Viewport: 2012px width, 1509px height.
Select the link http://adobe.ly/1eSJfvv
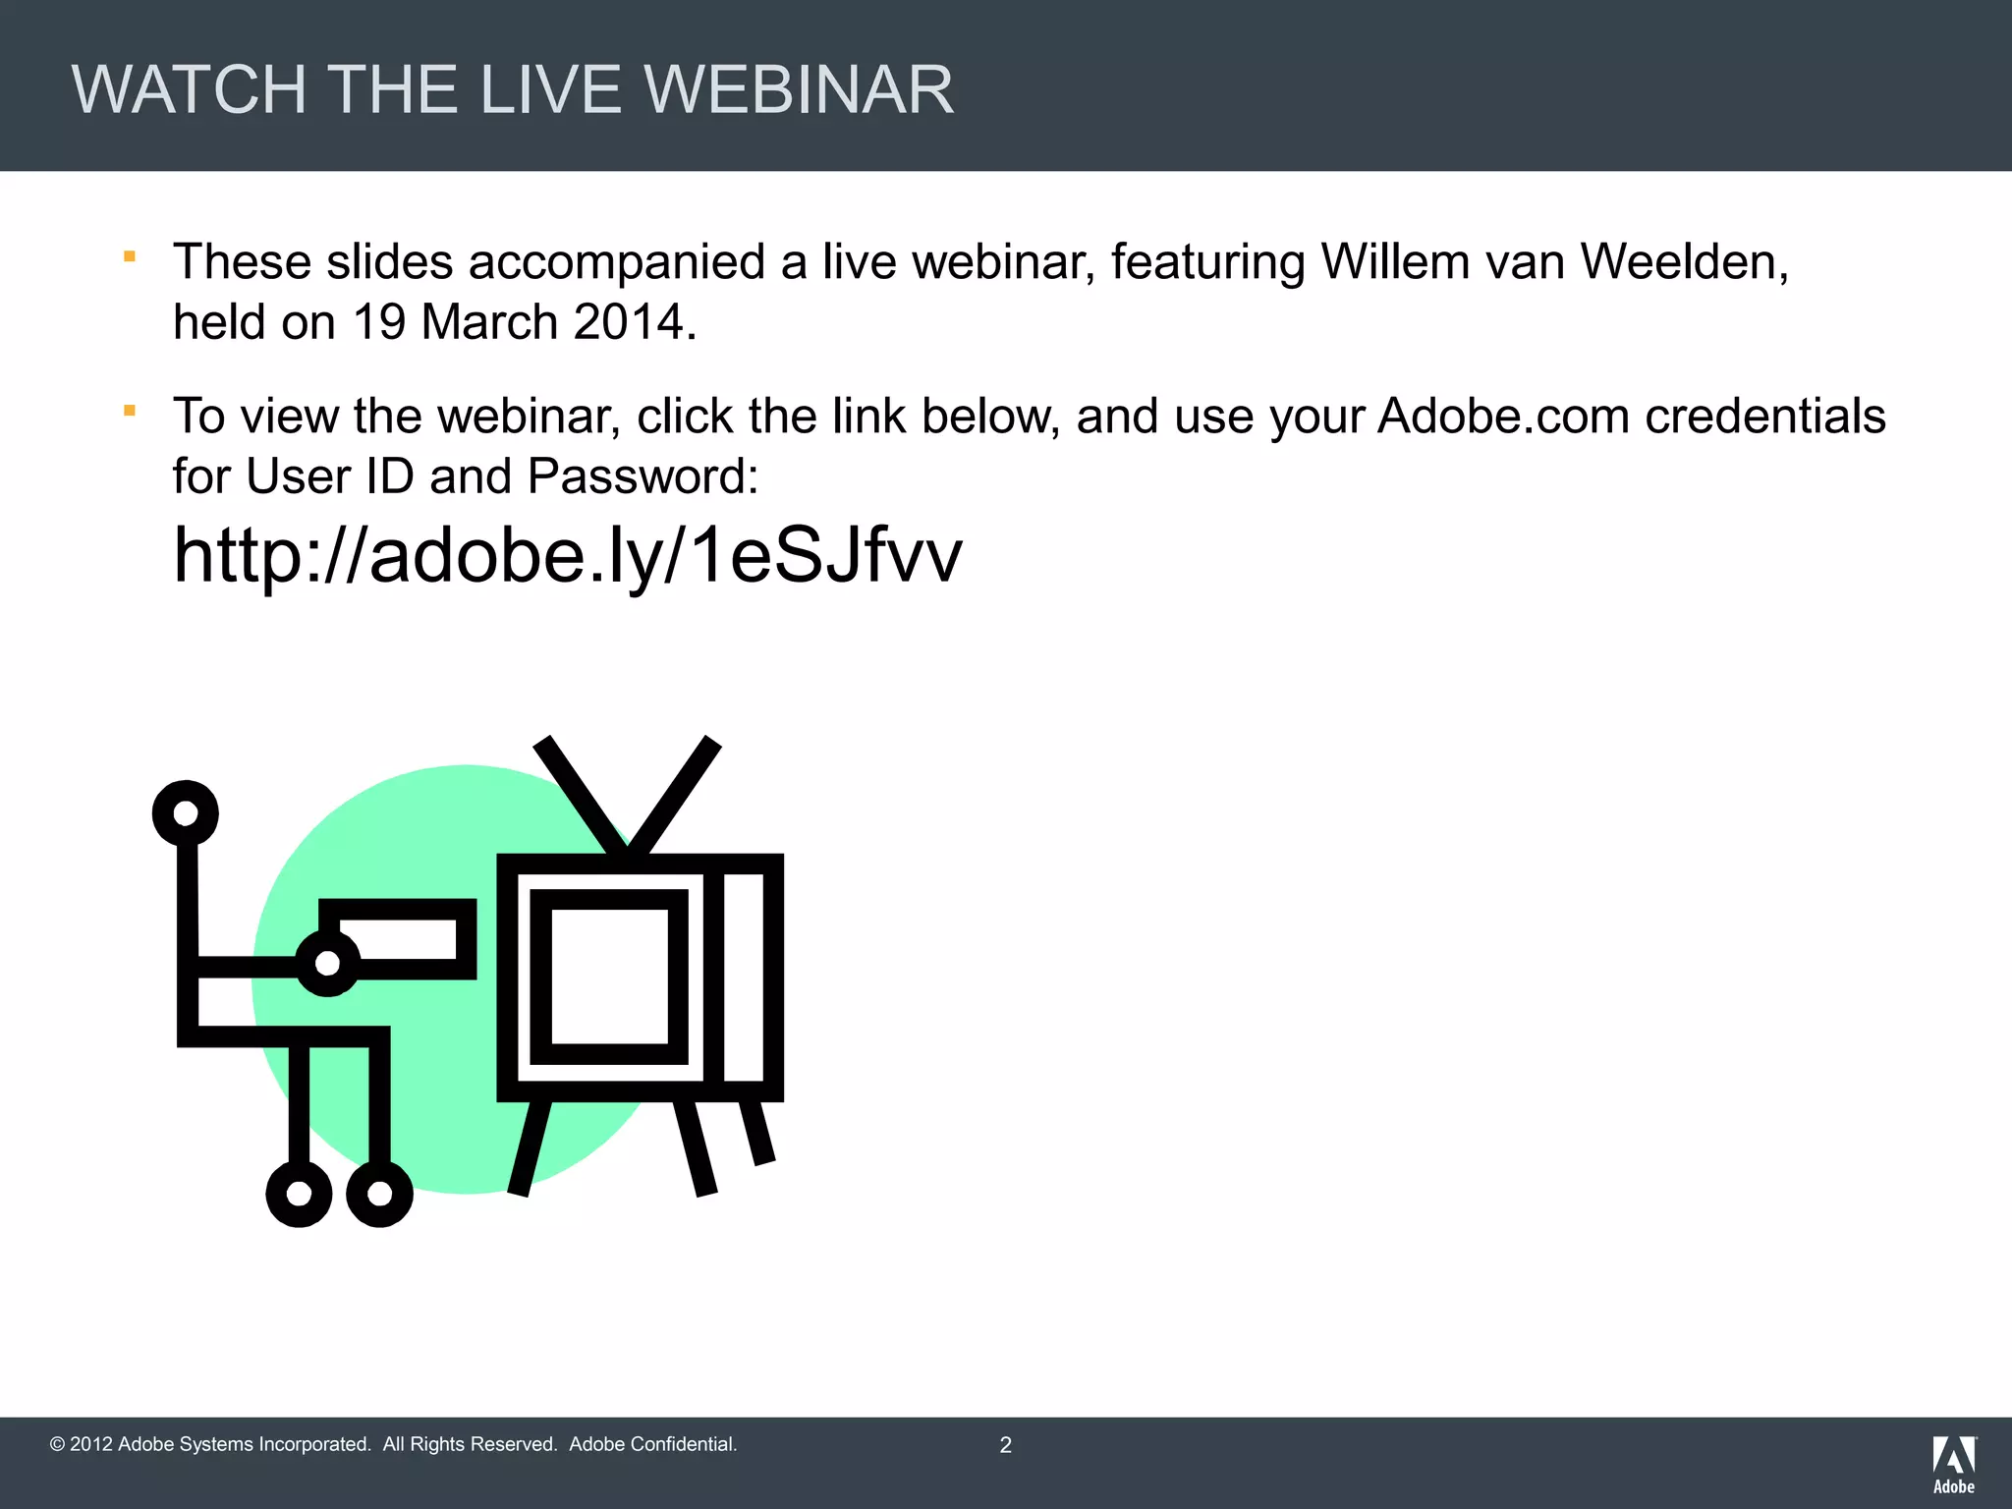pyautogui.click(x=567, y=556)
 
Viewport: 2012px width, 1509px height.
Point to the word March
pyautogui.click(x=489, y=322)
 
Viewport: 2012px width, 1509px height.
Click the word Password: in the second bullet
pyautogui.click(x=643, y=476)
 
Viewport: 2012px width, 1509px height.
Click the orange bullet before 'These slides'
pyautogui.click(x=129, y=257)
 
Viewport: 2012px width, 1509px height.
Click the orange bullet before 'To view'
pyautogui.click(x=129, y=411)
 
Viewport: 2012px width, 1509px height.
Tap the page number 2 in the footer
pyautogui.click(x=1005, y=1445)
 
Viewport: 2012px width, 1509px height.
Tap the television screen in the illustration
pyautogui.click(x=609, y=977)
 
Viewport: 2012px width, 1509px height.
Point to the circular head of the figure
pyautogui.click(x=185, y=812)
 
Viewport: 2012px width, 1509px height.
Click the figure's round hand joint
pyautogui.click(x=327, y=963)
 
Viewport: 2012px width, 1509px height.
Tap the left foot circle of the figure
pyautogui.click(x=299, y=1194)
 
